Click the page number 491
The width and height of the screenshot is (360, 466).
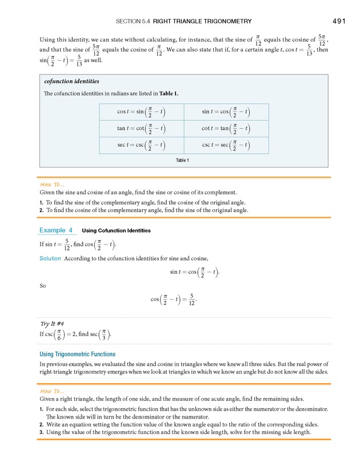click(338, 21)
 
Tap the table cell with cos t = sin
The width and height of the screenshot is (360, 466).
click(142, 112)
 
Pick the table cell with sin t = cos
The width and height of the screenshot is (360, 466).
click(226, 112)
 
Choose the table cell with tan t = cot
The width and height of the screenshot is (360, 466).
click(142, 129)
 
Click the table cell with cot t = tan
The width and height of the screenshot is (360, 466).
click(226, 129)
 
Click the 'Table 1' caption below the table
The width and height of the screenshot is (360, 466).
click(182, 161)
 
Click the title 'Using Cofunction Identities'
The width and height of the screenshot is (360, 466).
click(117, 231)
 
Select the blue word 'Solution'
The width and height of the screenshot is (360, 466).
click(50, 258)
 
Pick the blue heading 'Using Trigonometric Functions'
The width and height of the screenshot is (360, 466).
click(77, 354)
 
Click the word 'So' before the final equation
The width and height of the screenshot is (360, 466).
click(43, 285)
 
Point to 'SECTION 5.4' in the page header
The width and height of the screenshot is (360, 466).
click(133, 22)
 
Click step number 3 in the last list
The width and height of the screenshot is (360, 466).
click(42, 432)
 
